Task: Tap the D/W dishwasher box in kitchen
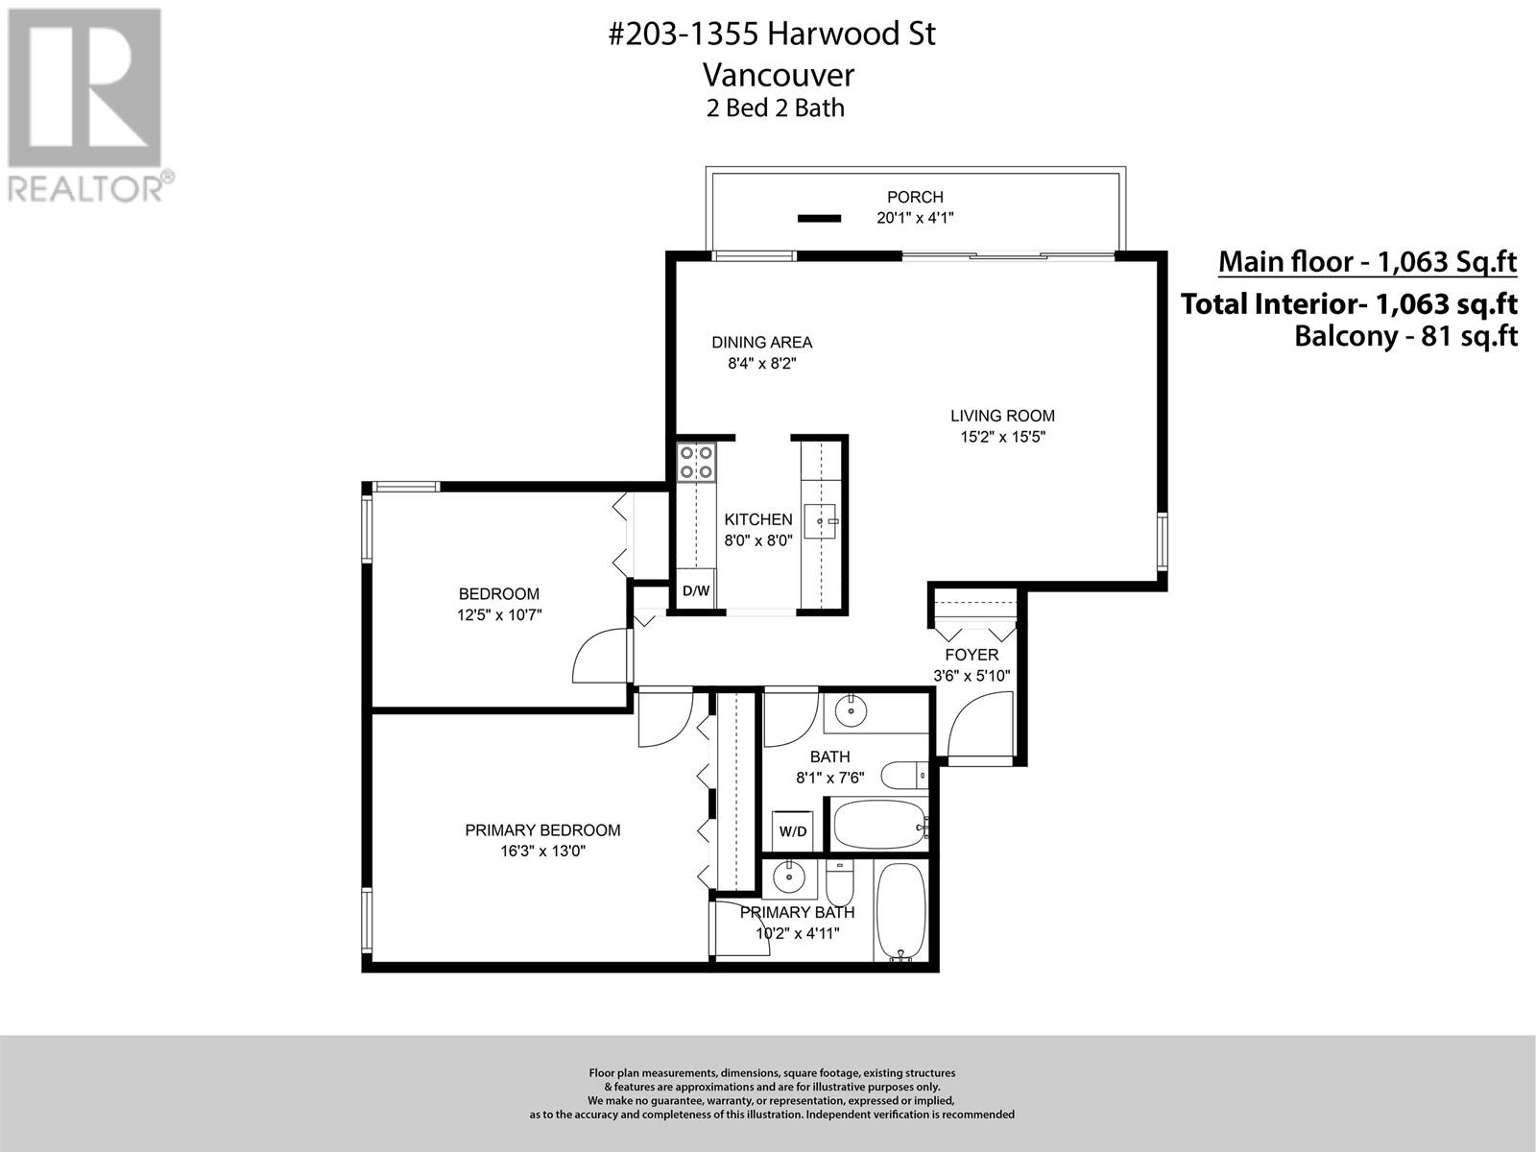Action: (696, 590)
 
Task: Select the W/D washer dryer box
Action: (793, 831)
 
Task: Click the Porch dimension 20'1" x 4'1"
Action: (915, 218)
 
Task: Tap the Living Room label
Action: (1002, 416)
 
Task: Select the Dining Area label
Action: (761, 342)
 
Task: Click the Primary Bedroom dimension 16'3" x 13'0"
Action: (542, 851)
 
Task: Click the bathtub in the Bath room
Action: (878, 825)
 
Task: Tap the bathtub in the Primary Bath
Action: (900, 910)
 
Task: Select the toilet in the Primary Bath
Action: (840, 878)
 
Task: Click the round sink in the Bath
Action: (851, 712)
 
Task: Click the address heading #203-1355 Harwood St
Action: (773, 35)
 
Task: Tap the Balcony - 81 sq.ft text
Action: (1405, 337)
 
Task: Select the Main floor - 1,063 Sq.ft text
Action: (1367, 261)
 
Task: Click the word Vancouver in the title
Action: (778, 74)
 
